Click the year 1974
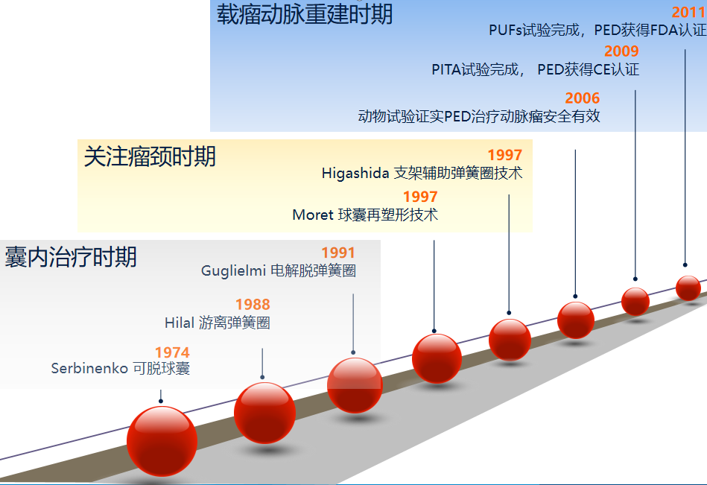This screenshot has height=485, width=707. point(172,352)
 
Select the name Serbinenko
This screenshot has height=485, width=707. point(89,368)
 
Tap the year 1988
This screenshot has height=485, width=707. point(253,304)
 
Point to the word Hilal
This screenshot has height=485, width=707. point(179,323)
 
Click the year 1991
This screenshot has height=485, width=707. point(338,253)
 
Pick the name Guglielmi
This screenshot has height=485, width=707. point(233,270)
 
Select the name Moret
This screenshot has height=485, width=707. point(313,215)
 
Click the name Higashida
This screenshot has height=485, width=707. point(355,173)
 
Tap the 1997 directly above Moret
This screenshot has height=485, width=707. point(420,197)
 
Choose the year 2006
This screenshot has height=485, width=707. point(583,98)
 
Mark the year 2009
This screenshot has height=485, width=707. point(621,51)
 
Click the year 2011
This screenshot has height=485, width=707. point(689,12)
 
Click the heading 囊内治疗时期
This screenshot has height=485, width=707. point(71,257)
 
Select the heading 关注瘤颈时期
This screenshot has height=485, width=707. point(150,156)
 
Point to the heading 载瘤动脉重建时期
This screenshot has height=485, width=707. point(305,14)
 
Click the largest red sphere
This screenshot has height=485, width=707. point(162,441)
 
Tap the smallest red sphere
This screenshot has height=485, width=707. point(688,288)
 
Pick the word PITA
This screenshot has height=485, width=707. point(446,69)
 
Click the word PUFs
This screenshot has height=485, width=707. point(505,31)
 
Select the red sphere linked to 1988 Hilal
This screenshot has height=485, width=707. point(264,413)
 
